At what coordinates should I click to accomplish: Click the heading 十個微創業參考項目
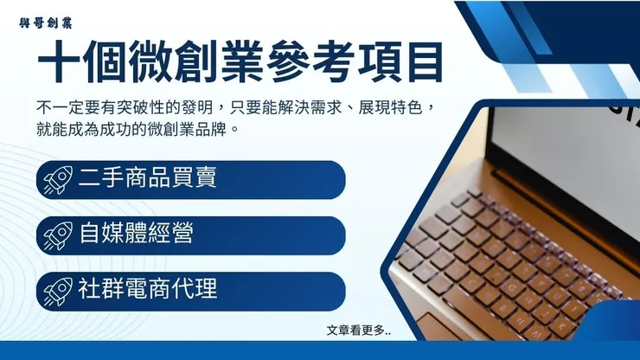240,62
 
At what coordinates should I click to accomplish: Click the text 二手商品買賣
146,179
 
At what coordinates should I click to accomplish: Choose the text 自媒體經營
135,235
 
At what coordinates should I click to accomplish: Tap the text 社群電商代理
146,290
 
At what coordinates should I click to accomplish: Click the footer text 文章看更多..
358,330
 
